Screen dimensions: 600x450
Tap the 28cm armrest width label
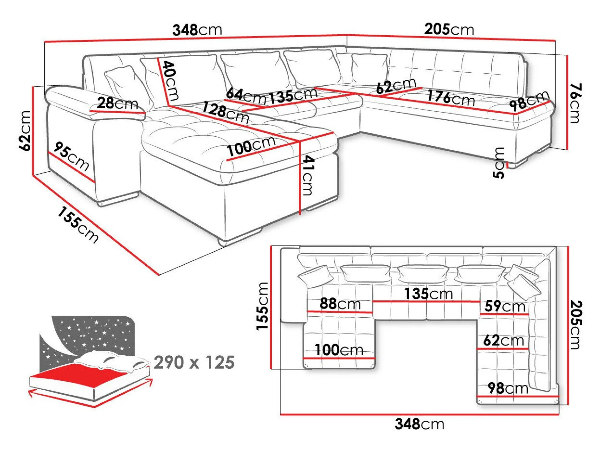[118, 103]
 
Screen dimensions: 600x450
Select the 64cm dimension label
[246, 96]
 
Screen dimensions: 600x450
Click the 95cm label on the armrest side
[71, 156]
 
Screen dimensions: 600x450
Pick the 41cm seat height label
[308, 175]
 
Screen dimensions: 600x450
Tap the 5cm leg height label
[498, 163]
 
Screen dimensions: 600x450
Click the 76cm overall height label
[575, 103]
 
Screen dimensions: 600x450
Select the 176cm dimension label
[451, 98]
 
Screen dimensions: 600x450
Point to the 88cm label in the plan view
[340, 304]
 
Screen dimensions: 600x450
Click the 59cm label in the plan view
[505, 306]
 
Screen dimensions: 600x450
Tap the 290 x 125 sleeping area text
[194, 362]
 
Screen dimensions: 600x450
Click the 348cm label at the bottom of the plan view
[419, 424]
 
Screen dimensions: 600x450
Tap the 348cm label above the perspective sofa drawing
[197, 30]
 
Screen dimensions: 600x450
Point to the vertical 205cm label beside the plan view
[576, 325]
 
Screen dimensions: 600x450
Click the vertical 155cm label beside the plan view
[262, 306]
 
